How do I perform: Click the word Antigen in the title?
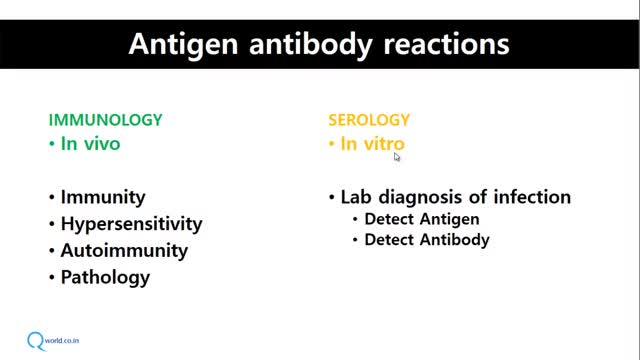(183, 45)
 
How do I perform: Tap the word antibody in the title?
(311, 43)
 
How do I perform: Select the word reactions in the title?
(447, 44)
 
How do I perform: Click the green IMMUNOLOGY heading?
(105, 120)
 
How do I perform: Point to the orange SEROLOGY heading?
(369, 120)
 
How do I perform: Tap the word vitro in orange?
(384, 144)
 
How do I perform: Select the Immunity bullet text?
(103, 197)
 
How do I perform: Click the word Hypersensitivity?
(131, 224)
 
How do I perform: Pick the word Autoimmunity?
(124, 251)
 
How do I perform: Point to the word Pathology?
(105, 278)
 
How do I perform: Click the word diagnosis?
(421, 198)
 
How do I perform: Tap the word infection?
(532, 197)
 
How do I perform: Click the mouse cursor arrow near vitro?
(397, 157)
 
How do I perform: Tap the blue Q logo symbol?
(36, 341)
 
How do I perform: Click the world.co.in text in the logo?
(62, 340)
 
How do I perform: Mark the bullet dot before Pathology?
(52, 278)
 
